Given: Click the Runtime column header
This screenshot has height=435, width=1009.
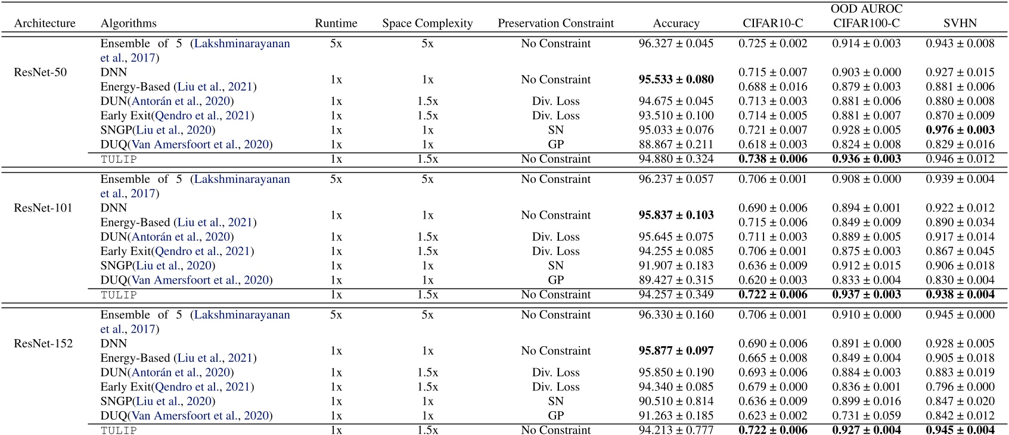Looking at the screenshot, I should (336, 23).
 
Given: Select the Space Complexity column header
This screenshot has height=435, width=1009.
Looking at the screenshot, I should (427, 23).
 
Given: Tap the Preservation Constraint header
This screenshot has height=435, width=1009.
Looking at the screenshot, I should (555, 23).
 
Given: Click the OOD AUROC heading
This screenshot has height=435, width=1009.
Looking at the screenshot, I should (867, 9).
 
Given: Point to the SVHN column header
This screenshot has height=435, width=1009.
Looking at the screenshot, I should (960, 23).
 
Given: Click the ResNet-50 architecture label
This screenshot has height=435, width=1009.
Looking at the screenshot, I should (41, 72).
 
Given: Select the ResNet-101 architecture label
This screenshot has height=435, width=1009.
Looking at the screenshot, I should (43, 208).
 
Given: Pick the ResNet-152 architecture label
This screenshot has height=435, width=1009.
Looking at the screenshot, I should (43, 344).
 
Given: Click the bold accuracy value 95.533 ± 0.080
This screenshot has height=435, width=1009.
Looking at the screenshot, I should (676, 79).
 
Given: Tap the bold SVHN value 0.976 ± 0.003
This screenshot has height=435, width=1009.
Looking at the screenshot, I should (960, 130).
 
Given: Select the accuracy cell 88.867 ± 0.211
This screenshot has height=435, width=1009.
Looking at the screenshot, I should (676, 144).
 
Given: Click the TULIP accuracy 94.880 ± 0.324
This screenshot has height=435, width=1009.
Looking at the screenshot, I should (676, 159).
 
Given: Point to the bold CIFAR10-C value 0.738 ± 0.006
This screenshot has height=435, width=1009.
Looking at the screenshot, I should (772, 159).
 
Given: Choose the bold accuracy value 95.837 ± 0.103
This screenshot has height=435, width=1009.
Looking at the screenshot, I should (676, 215).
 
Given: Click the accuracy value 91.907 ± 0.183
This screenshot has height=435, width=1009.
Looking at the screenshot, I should (676, 266).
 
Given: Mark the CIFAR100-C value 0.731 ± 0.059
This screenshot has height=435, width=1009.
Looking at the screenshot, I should (867, 416).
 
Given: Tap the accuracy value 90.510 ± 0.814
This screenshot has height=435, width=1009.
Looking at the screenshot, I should (676, 402).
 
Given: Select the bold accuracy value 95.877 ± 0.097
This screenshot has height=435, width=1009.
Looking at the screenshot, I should (676, 351).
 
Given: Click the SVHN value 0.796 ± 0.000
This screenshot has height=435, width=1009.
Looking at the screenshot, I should (960, 387).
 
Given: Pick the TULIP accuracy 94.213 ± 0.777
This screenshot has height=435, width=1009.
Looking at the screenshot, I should (676, 430).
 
